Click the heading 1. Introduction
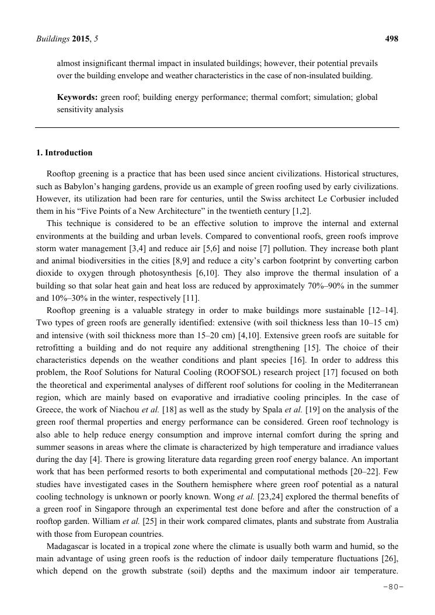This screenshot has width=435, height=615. click(x=64, y=153)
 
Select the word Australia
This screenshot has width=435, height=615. click(x=380, y=520)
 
